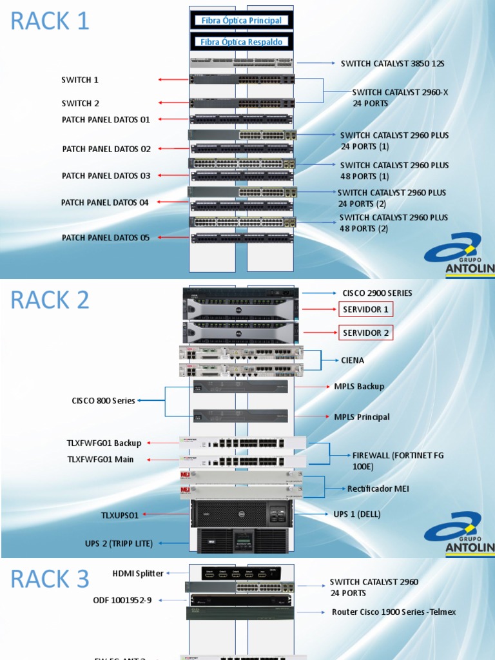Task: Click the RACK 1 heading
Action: click(50, 21)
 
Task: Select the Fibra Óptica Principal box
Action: click(242, 21)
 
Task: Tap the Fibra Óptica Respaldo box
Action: click(242, 42)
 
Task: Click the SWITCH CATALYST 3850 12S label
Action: click(392, 64)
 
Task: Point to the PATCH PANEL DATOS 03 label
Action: click(106, 176)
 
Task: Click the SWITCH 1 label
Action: click(80, 80)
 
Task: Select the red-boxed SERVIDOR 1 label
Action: click(365, 309)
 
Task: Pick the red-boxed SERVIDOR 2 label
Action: click(365, 333)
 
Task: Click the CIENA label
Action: click(353, 360)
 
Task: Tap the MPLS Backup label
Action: click(359, 387)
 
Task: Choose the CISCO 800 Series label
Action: click(103, 401)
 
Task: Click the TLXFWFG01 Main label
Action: click(101, 460)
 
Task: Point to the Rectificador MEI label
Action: click(378, 489)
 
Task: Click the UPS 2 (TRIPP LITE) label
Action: click(119, 543)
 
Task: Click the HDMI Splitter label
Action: click(138, 573)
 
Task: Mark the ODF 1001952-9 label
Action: click(122, 600)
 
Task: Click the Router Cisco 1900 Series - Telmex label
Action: click(393, 612)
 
